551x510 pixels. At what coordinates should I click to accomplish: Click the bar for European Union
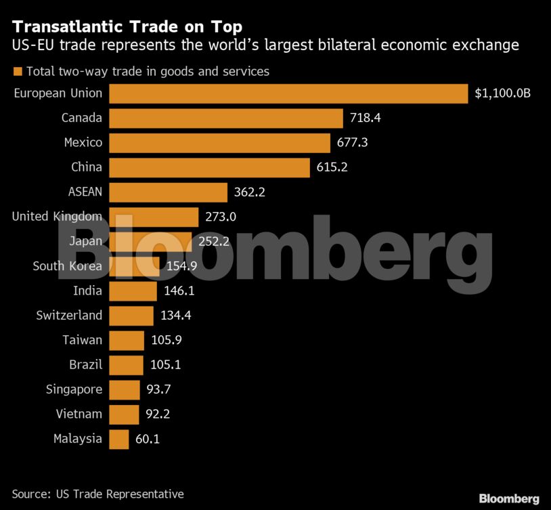[288, 93]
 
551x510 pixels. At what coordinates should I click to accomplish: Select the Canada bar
[226, 118]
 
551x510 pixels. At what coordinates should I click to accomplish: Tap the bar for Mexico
[219, 143]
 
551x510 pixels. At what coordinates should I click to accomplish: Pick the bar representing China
[209, 167]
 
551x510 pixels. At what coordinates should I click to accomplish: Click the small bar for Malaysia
[118, 439]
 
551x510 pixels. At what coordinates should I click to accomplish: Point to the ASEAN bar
[168, 192]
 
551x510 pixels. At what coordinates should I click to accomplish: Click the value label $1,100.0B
[502, 93]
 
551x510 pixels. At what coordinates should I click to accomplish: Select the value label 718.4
[366, 118]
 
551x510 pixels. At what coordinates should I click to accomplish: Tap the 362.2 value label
[249, 192]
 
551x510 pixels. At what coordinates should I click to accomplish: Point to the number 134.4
[177, 316]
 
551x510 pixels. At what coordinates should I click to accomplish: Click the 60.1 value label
[147, 439]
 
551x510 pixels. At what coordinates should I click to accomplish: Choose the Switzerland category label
[69, 316]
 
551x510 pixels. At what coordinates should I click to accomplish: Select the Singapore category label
[74, 389]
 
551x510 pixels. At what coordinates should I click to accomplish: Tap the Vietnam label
[79, 414]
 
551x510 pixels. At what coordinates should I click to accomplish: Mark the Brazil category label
[85, 365]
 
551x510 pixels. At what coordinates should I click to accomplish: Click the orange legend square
[18, 71]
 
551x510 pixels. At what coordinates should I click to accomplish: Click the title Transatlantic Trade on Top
[127, 27]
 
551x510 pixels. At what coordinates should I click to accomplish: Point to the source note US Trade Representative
[98, 494]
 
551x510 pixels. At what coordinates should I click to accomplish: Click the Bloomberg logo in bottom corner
[509, 498]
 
